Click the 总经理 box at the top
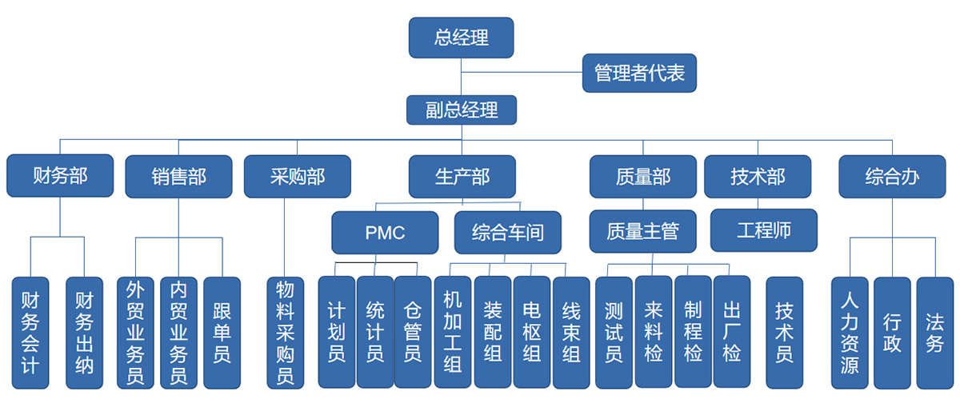point(461,38)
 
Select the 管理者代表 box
point(639,73)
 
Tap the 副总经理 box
point(461,110)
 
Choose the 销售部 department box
point(178,176)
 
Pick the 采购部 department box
point(297,176)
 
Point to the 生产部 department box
point(462,176)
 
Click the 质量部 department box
point(642,176)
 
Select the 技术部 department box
point(757,176)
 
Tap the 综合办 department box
point(891,176)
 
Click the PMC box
point(385,233)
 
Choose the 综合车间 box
point(507,233)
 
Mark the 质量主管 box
point(642,231)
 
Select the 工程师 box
point(763,230)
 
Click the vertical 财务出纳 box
point(84,333)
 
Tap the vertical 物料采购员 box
point(285,333)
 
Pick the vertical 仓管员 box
point(413,332)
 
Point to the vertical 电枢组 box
point(531,332)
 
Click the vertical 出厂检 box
point(731,332)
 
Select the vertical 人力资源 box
point(850,333)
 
